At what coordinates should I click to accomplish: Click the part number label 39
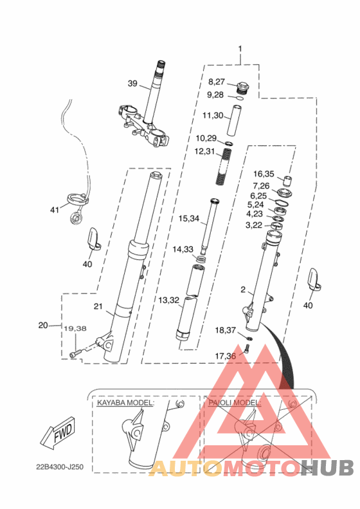[x=132, y=84]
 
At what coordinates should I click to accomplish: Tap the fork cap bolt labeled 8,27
[x=243, y=88]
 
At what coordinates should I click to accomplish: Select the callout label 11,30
[x=213, y=115]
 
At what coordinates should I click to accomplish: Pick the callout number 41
[x=55, y=210]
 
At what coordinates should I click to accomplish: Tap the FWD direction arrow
[x=58, y=432]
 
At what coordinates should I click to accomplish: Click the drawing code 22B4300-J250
[x=60, y=467]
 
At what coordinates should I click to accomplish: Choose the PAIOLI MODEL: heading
[x=235, y=403]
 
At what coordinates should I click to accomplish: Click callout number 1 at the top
[x=240, y=49]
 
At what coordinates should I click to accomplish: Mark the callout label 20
[x=43, y=325]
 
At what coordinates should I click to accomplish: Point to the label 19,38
[x=75, y=329]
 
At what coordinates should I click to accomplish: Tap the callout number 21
[x=98, y=306]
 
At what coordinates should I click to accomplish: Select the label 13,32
[x=168, y=300]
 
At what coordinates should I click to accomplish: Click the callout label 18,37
[x=226, y=330]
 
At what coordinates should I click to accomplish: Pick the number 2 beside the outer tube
[x=243, y=289]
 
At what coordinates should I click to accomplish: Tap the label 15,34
[x=189, y=219]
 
